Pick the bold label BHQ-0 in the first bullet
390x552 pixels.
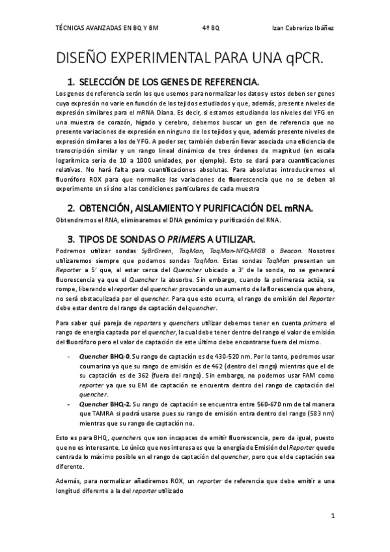[x=121, y=357]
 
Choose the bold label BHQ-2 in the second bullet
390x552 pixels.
[x=121, y=404]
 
